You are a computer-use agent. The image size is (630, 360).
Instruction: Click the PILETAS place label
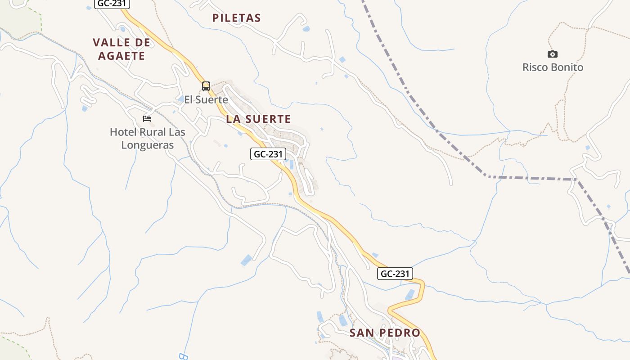236,18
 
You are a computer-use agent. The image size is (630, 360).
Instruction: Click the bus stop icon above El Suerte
206,86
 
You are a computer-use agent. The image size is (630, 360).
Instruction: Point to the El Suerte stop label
206,99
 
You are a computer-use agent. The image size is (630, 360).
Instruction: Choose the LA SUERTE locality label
258,119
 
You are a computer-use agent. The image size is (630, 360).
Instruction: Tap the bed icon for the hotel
147,119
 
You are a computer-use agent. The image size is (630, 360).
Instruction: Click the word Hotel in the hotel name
123,132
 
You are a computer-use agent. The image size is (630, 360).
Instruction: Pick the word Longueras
148,145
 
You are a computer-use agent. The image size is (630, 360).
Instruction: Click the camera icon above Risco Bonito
553,54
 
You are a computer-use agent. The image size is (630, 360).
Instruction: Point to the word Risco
535,67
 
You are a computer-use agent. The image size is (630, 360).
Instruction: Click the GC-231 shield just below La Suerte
268,154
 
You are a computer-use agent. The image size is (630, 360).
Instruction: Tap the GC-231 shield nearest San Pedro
395,273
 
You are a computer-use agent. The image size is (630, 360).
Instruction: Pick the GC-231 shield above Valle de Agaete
112,4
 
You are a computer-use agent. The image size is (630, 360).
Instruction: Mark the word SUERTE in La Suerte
268,119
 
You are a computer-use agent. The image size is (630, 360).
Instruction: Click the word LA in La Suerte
233,119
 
